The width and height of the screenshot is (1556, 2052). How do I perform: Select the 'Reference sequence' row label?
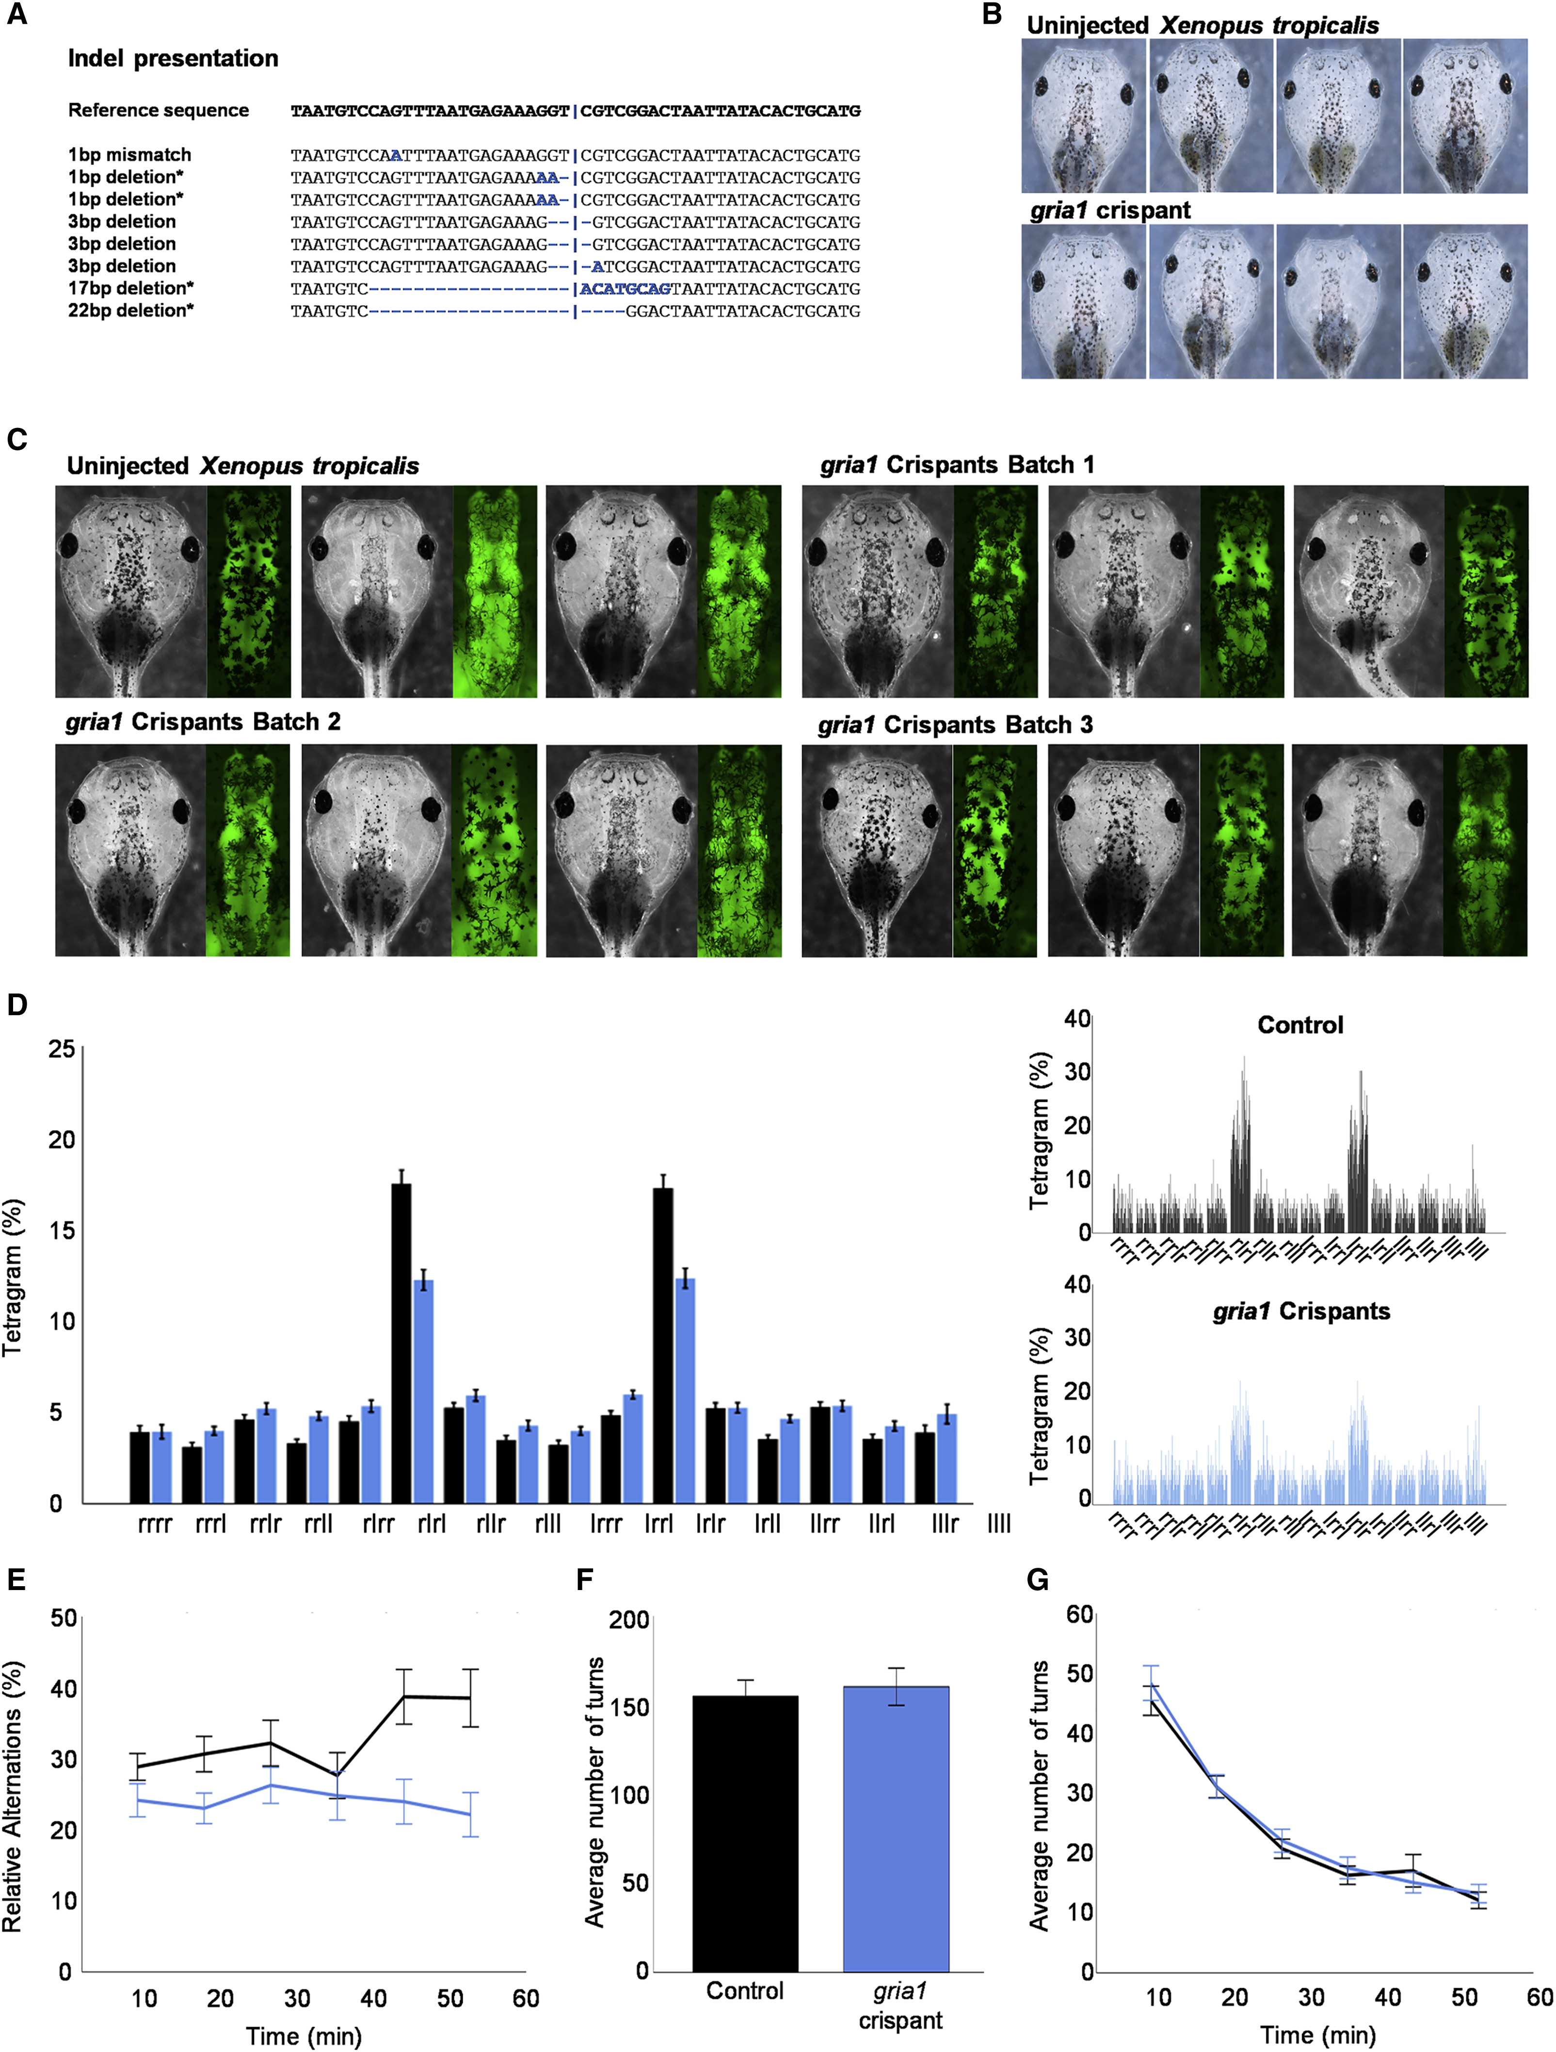[x=159, y=111]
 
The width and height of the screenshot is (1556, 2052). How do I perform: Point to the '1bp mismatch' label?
[x=130, y=155]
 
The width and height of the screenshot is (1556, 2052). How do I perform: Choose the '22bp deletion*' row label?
[x=131, y=311]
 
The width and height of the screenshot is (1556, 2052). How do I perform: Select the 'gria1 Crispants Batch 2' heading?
[x=203, y=722]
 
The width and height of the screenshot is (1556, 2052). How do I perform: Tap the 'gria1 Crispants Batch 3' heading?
[x=955, y=724]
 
